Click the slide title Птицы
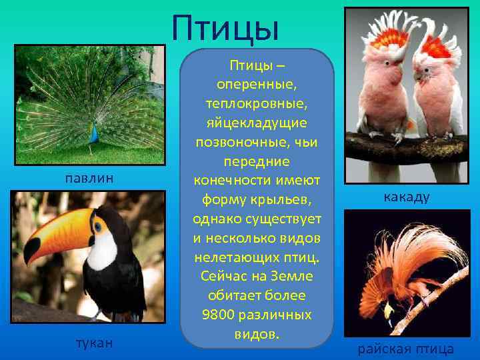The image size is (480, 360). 224,27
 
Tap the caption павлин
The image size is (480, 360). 89,177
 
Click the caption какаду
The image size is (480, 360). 406,197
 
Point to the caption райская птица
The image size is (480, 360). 406,349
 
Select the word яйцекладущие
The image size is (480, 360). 257,124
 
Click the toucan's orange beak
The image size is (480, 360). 60,230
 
